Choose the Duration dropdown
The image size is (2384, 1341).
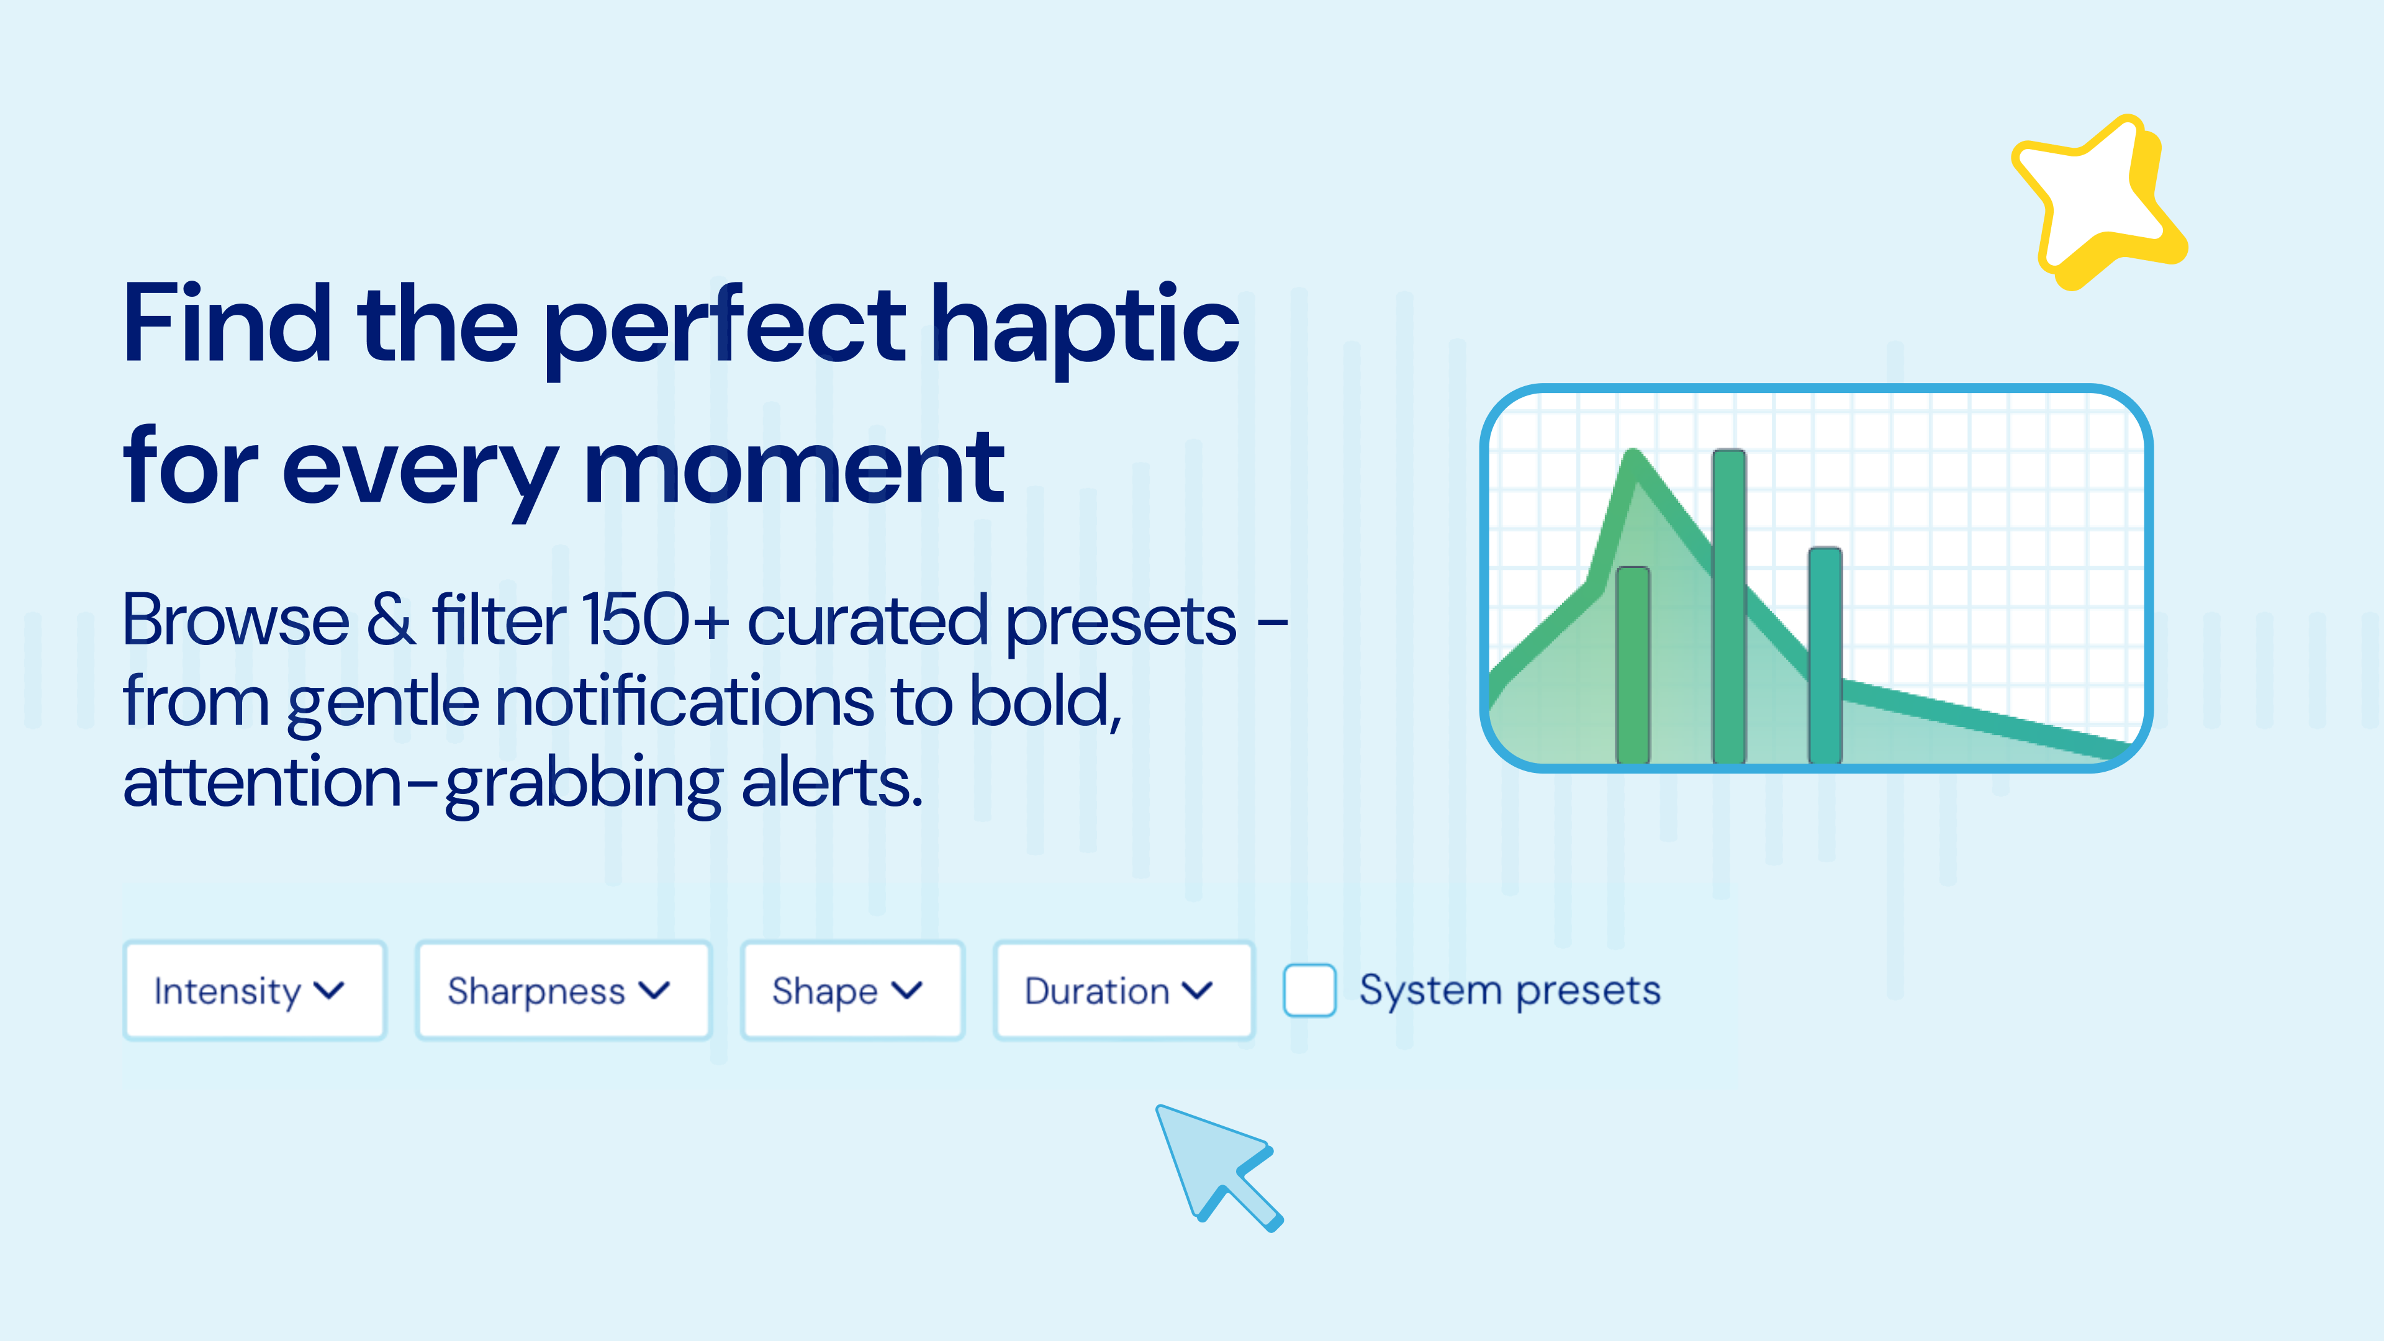pyautogui.click(x=1124, y=990)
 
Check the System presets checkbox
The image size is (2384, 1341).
pyautogui.click(x=1309, y=990)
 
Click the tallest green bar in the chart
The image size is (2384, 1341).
pyautogui.click(x=1729, y=606)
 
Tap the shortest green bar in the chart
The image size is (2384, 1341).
pyautogui.click(x=1633, y=664)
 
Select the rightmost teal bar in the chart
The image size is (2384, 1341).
pyautogui.click(x=1825, y=655)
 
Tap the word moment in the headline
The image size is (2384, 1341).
pyautogui.click(x=794, y=468)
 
